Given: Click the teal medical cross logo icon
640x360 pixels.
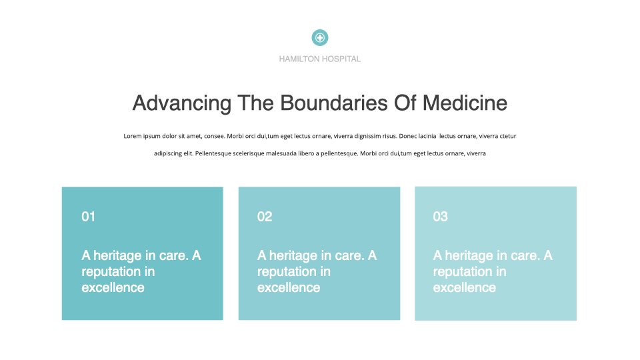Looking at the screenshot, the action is click(x=320, y=37).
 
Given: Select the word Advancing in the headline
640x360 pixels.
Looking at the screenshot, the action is click(x=181, y=103).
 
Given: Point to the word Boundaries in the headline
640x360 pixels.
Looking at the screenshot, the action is click(x=333, y=103).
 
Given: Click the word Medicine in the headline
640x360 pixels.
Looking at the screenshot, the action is click(x=465, y=103).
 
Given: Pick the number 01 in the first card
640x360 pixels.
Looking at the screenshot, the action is click(x=88, y=216).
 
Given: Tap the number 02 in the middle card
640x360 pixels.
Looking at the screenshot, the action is click(x=265, y=216).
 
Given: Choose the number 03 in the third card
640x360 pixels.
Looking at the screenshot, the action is click(x=441, y=216).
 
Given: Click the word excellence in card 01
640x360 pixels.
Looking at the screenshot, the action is click(x=113, y=288).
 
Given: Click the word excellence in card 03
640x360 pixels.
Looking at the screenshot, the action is click(x=465, y=288).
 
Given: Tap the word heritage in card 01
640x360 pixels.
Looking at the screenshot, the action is click(x=117, y=256).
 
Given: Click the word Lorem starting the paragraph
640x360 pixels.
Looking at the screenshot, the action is click(x=133, y=136).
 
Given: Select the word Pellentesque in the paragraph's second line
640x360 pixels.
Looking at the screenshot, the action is click(x=213, y=153).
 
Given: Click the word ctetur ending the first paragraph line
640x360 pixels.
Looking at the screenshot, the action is click(x=508, y=136).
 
